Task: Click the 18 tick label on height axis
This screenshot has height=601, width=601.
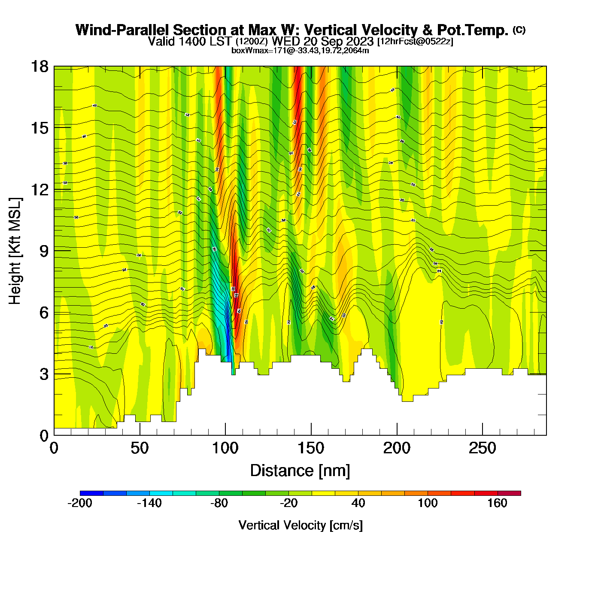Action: (39, 67)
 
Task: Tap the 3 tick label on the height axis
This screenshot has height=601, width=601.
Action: (44, 374)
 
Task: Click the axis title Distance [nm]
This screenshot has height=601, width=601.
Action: (300, 470)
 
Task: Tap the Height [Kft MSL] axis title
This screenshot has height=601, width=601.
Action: (15, 251)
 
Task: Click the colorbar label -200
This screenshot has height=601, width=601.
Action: (80, 503)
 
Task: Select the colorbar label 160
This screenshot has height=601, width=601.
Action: (497, 503)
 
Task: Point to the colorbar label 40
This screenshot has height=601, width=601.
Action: (358, 503)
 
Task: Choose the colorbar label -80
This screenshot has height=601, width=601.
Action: (219, 503)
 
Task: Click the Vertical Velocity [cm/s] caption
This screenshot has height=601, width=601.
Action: (300, 525)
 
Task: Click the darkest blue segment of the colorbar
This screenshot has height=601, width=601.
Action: (91, 493)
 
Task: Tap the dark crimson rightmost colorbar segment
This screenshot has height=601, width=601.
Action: (509, 493)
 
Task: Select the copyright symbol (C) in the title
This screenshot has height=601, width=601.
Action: (519, 30)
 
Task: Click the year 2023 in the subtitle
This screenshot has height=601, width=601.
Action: (359, 41)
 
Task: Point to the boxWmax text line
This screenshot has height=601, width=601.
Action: (300, 50)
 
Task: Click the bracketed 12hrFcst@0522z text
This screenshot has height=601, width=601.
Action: (415, 42)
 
